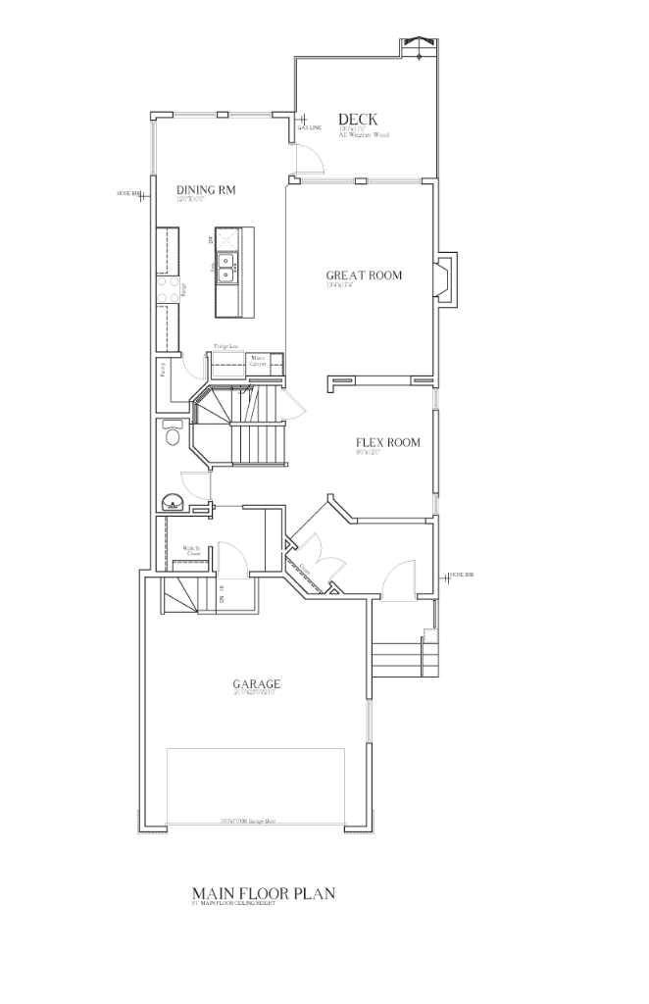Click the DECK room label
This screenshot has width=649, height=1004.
tap(358, 120)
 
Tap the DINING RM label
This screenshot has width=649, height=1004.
tap(206, 190)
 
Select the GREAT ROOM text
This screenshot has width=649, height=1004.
tap(364, 276)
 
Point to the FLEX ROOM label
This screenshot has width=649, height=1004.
tap(387, 443)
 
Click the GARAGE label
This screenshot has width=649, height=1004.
tap(257, 684)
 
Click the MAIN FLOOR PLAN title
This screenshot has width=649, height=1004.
tap(264, 893)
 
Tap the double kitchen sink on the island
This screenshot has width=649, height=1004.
tap(226, 267)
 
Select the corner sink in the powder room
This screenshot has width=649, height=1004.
tap(173, 502)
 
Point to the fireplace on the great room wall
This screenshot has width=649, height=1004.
tap(445, 278)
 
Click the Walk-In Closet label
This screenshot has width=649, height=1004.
tap(192, 551)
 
